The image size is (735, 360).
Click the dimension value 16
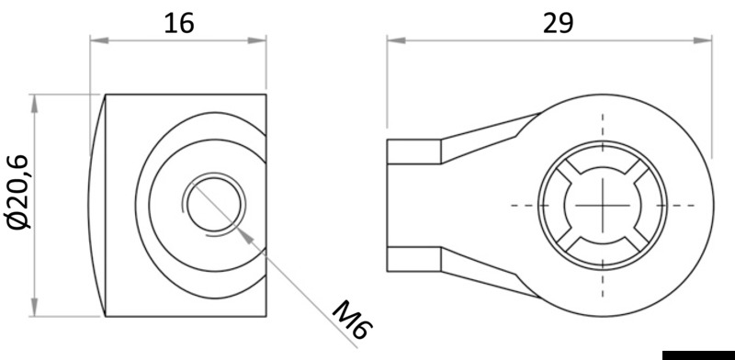(179, 22)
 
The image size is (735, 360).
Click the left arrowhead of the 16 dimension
(95, 39)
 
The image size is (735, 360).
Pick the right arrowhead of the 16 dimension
(262, 39)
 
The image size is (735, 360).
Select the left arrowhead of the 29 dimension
(392, 39)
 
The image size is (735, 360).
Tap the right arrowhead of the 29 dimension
(707, 39)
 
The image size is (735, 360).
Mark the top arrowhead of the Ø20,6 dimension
(36, 99)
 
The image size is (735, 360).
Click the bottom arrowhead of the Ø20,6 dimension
(36, 309)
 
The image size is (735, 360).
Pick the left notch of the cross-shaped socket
(558, 205)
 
